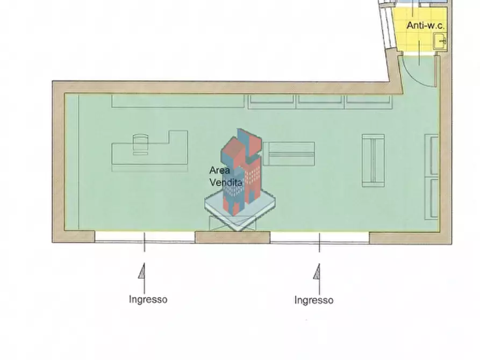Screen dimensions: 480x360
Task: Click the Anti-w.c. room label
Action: tap(425, 25)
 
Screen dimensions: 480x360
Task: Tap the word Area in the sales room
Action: tap(219, 170)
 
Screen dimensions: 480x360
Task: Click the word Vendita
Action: tap(226, 183)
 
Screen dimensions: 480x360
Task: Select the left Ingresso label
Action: tap(148, 299)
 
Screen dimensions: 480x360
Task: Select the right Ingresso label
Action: tap(314, 300)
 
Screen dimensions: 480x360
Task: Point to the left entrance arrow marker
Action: tap(142, 271)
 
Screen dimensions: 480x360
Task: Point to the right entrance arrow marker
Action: tap(318, 272)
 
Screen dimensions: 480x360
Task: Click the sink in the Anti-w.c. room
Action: tap(440, 41)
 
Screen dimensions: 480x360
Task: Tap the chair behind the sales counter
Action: tap(140, 144)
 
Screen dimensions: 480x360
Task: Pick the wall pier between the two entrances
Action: tap(233, 237)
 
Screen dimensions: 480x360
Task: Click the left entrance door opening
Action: tap(145, 237)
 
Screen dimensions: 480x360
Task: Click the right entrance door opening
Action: tap(320, 238)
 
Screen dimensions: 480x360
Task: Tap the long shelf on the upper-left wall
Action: tap(178, 101)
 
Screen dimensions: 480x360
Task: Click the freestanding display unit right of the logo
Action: tap(289, 154)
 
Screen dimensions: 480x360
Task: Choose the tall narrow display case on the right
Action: tap(373, 161)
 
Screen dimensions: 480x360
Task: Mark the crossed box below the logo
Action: tap(232, 224)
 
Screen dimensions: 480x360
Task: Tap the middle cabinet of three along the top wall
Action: tap(320, 102)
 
